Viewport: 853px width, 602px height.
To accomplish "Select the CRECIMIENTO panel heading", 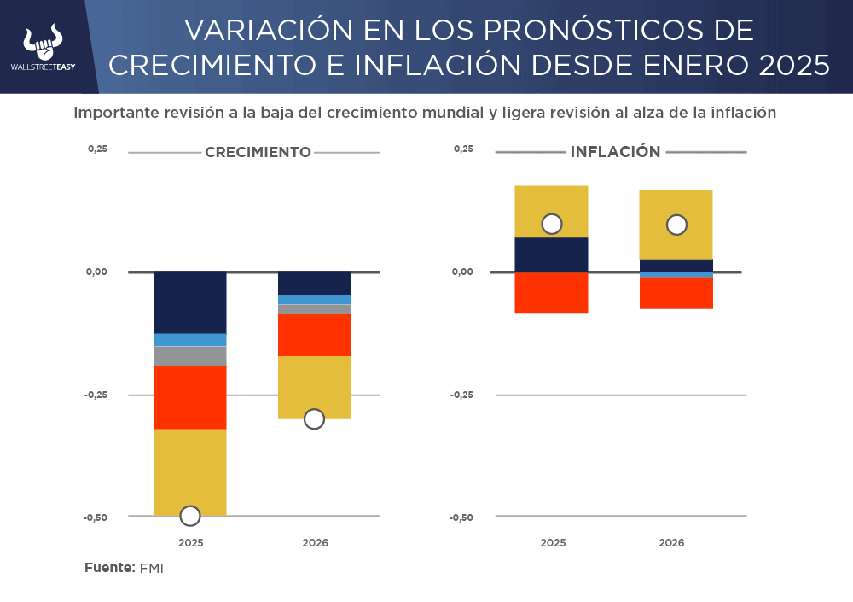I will pos(258,153).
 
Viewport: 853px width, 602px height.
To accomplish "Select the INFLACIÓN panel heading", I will pos(615,152).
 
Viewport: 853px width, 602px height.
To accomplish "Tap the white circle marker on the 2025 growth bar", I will pos(190,516).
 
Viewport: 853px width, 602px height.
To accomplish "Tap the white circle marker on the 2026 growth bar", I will pos(314,418).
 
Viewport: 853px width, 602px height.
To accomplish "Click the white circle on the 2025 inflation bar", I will pos(552,224).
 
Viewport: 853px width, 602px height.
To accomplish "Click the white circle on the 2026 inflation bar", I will pos(676,225).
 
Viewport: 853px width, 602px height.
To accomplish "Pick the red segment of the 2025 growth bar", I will pos(190,397).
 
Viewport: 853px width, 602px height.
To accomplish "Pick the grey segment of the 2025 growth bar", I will pos(190,356).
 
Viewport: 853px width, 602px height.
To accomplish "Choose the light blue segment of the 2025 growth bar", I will pos(190,340).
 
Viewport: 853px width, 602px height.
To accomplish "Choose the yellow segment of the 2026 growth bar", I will pos(315,384).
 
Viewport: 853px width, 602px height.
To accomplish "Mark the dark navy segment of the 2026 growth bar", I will pos(315,283).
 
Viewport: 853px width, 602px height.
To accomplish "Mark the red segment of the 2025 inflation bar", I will pos(552,293).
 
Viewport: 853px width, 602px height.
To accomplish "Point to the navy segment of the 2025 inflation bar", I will pos(552,254).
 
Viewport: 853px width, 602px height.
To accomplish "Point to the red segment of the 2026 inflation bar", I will pos(676,293).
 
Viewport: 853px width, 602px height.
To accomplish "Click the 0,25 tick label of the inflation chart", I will pos(462,149).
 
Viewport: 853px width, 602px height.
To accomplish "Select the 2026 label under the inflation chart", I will pos(671,543).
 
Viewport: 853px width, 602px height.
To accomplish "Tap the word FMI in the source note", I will pos(151,569).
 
